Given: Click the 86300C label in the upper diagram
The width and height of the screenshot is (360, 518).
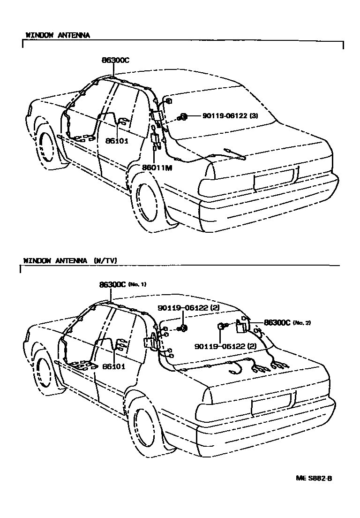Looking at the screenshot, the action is coord(115,60).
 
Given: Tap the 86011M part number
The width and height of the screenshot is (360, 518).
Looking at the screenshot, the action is coord(157,168).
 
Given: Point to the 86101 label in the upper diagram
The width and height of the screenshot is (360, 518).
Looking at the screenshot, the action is coord(117,141).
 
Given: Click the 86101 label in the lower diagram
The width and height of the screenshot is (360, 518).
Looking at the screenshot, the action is coord(114,366).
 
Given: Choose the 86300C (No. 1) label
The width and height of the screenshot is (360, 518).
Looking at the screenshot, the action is coord(123,284).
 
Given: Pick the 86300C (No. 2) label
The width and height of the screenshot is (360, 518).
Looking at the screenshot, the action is coord(287,323).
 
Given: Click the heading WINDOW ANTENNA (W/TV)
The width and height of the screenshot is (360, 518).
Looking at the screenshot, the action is coord(70,261).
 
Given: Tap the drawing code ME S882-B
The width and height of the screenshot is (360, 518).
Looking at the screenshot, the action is coord(314,478).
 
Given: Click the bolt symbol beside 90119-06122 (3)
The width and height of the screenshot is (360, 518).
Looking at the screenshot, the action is coord(182,117).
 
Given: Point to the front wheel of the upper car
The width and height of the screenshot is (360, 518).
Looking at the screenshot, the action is coord(46,145).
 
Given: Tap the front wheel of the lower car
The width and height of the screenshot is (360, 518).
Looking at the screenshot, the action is coord(44,370).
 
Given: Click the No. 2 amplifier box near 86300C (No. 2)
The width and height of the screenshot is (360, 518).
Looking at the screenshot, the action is coord(241,327).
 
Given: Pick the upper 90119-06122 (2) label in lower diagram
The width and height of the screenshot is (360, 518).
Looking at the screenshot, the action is coord(189,308).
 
